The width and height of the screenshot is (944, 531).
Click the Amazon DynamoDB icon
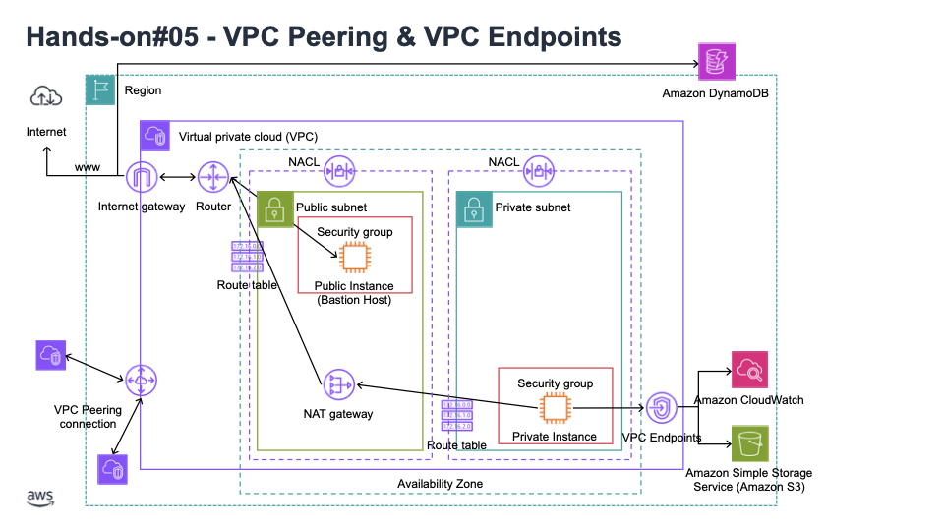coord(713,63)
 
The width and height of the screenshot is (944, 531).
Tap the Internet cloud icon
coord(46,96)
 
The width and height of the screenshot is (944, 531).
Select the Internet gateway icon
coord(143,178)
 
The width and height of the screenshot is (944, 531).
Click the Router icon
coord(212,178)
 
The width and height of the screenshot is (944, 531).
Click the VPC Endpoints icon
coord(662,406)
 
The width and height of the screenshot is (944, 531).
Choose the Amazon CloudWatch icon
coord(749,371)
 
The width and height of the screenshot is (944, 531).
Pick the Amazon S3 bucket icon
coord(749,444)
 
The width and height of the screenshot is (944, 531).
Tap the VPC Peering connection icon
coord(141,379)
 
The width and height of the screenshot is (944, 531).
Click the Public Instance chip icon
coord(353,258)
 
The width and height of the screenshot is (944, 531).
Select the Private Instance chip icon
coord(555,407)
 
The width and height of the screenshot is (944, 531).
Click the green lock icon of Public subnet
coord(272,207)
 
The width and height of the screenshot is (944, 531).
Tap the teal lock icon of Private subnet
coord(472,207)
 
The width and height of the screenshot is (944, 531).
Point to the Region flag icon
coord(100,90)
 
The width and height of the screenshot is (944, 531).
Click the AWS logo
coord(40,497)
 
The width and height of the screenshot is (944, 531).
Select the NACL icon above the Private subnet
coord(539,170)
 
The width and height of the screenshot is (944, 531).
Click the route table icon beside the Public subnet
coord(247,257)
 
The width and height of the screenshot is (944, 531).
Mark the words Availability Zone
coord(440,484)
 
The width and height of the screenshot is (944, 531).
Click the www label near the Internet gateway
coord(88,168)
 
